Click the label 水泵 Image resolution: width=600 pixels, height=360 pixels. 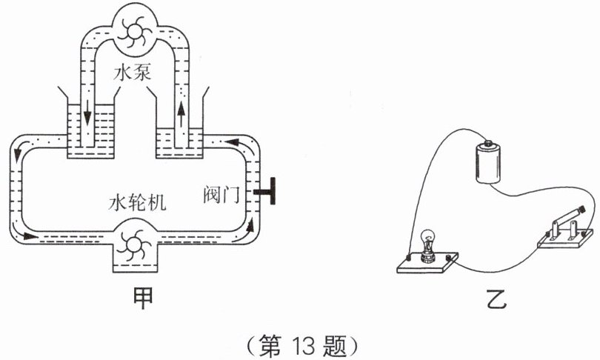(133, 72)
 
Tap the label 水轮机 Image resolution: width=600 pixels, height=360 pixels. (137, 201)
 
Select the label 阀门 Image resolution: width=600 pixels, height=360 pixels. (221, 194)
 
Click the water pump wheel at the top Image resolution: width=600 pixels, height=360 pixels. (133, 32)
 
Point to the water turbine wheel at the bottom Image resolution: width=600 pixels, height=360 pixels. (133, 245)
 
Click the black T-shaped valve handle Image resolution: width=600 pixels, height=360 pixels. (266, 191)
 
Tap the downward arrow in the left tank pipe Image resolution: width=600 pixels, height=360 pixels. (87, 113)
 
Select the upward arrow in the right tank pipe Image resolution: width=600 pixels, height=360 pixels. (181, 116)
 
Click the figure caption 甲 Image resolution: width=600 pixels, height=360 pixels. (142, 298)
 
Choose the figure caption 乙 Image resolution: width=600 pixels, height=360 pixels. (496, 299)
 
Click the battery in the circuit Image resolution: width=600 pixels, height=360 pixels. (488, 162)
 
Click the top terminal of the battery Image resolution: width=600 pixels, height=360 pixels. (488, 144)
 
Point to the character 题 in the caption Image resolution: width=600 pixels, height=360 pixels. (334, 345)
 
